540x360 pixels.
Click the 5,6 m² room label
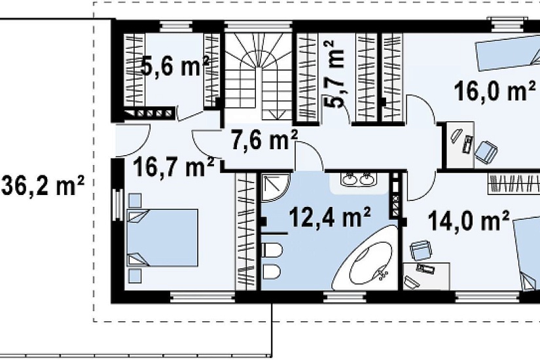pos(175,66)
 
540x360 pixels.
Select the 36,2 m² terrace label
pos(43,185)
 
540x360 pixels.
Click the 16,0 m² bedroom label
pos(495,90)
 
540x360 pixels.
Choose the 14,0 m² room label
pos(469,221)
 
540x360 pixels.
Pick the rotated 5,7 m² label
pos(333,74)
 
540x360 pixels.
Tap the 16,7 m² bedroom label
pos(174,167)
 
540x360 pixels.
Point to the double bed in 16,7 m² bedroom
pos(162,238)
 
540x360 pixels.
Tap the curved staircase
pos(259,77)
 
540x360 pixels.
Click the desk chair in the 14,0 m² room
pos(421,250)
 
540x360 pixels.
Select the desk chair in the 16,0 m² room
pos(486,151)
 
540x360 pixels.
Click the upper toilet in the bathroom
pos(272,250)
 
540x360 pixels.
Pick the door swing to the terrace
pos(133,140)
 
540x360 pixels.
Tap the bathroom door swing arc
pos(309,156)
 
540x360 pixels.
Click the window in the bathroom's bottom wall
pos(345,297)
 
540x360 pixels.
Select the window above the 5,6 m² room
pos(176,27)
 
